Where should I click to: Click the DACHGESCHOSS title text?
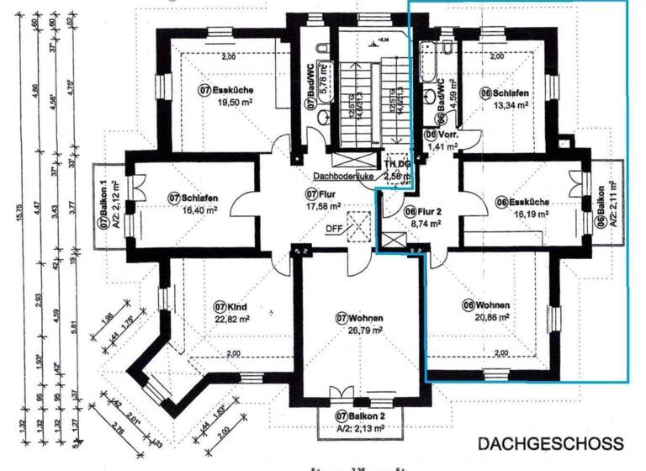[x=551, y=443]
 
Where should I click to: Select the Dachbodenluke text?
[x=343, y=177]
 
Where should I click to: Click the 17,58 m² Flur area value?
[x=323, y=205]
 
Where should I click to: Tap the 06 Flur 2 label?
[x=422, y=211]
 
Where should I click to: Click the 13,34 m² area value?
[x=510, y=105]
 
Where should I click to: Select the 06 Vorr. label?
[x=441, y=134]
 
